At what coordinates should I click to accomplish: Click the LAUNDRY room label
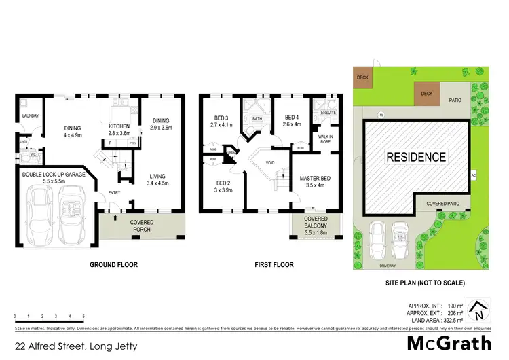(30, 116)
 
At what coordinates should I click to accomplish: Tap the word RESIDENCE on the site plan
(416, 157)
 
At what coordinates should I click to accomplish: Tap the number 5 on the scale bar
(83, 317)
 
